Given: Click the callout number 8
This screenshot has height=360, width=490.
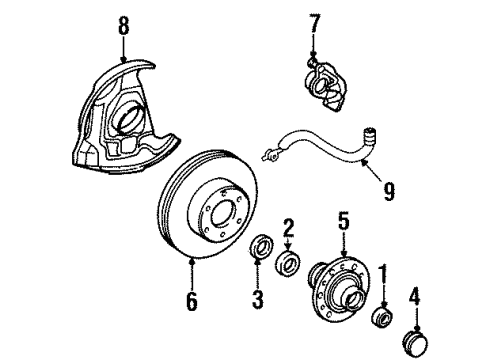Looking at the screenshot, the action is [x=123, y=26].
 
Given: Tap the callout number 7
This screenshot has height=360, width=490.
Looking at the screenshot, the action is [x=314, y=23].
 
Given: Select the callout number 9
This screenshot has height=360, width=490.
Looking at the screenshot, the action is [x=389, y=192].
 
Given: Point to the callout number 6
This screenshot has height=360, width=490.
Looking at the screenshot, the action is [x=192, y=301].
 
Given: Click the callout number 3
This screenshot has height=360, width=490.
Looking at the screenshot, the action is [x=257, y=299].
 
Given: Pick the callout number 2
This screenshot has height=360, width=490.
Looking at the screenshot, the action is [x=289, y=228].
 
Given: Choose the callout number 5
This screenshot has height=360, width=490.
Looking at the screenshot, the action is [x=344, y=221].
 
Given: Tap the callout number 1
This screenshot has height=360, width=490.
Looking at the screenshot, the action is [x=384, y=273].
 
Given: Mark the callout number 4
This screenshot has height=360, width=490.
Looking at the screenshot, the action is [x=415, y=296].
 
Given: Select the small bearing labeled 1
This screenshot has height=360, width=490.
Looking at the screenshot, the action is [x=382, y=317].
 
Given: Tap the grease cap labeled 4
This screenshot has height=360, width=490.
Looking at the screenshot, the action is [x=416, y=343].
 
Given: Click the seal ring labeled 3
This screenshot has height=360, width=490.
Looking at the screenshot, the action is [x=262, y=246].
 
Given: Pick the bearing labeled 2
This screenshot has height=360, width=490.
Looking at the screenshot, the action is [x=288, y=262].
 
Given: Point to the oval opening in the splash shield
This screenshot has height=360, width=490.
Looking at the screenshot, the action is [x=128, y=117].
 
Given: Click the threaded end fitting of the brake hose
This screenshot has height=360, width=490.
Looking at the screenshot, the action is [x=369, y=136].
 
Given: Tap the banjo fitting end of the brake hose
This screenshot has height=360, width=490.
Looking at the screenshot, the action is [x=270, y=155].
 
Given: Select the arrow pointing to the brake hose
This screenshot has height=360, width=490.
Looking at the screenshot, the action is [x=373, y=170].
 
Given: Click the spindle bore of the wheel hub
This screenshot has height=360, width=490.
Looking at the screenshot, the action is [x=354, y=297].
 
